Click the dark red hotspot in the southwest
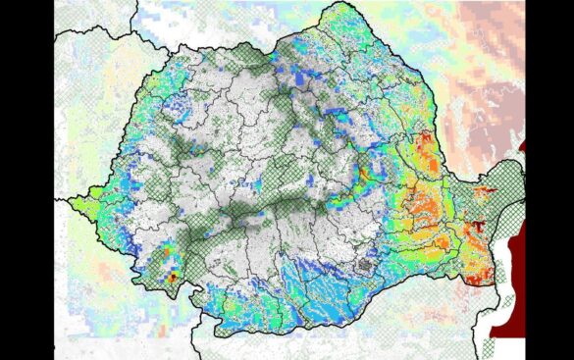click(172, 278)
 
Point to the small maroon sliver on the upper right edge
click(522, 148)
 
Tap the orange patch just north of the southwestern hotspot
click(162, 261)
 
